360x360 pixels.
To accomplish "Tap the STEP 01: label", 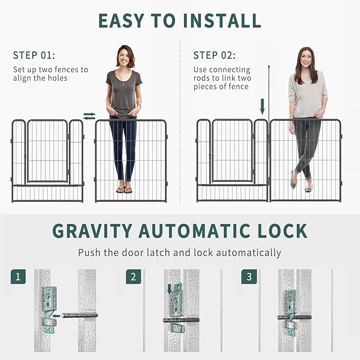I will tap(34, 55).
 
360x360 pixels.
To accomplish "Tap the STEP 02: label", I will tap(214, 55).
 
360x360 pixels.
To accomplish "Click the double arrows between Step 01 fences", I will tap(90, 116).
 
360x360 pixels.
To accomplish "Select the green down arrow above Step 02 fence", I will tap(262, 106).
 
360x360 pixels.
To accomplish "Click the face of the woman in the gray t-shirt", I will tap(125, 57).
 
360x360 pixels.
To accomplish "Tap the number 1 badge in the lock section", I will tap(19, 277).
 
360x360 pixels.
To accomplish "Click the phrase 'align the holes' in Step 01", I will tap(40, 78).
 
